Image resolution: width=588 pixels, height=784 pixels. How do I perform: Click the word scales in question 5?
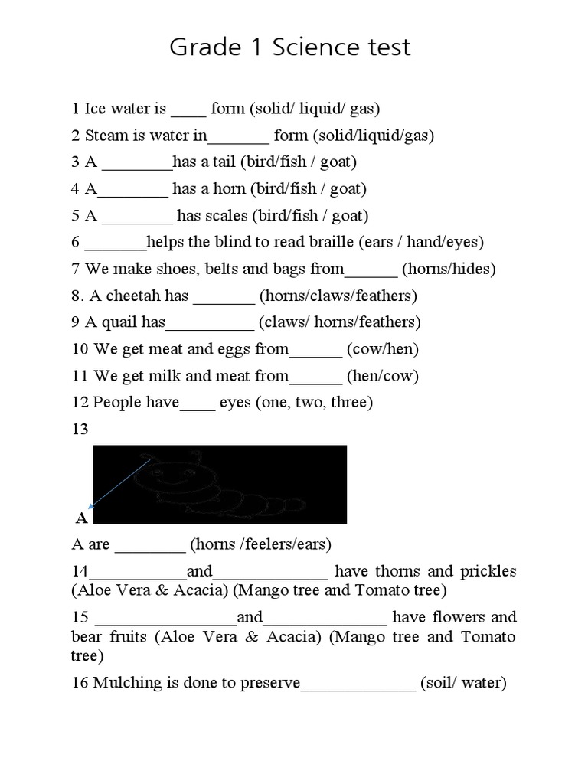coord(227,216)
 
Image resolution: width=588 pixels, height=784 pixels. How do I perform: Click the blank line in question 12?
coord(198,407)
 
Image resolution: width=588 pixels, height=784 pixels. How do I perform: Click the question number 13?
coord(80,430)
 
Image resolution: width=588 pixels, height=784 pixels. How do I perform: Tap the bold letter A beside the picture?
coord(81,518)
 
